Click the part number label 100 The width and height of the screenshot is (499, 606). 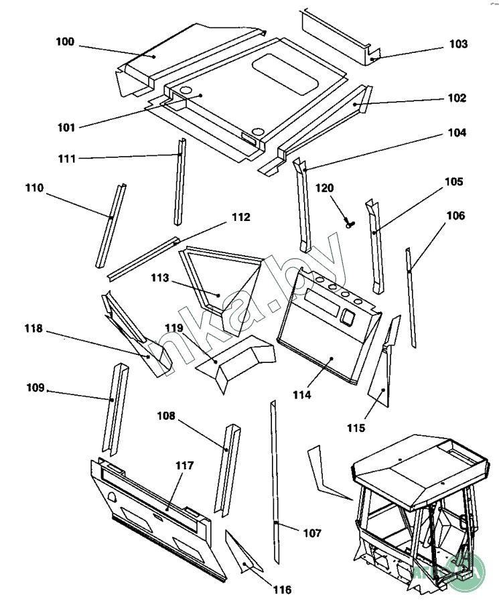(65, 42)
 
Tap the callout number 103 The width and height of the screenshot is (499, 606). (458, 44)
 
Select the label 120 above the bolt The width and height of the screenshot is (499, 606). (324, 188)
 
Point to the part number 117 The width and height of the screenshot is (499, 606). (185, 465)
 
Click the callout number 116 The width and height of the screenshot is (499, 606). (282, 590)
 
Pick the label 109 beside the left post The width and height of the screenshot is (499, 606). (35, 388)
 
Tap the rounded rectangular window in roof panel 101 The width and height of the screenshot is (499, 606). (285, 74)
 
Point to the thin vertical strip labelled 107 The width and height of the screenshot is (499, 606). (275, 482)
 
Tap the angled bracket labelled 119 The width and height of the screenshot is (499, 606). (234, 362)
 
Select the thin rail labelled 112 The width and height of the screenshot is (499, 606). (144, 258)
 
